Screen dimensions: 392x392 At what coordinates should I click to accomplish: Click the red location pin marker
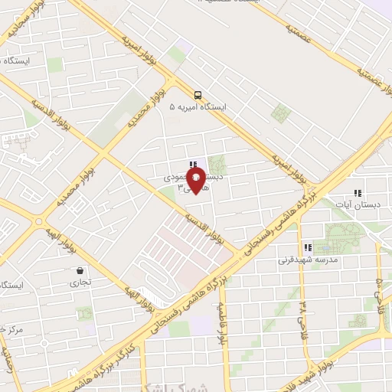click(x=198, y=181)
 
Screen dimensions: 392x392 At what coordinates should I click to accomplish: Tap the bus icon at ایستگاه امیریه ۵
click(x=198, y=95)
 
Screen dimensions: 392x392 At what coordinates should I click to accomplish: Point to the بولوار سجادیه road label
click(x=25, y=23)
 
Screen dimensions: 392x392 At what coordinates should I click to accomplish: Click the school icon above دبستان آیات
click(x=357, y=193)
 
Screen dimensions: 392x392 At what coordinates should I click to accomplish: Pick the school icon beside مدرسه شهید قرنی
click(x=308, y=247)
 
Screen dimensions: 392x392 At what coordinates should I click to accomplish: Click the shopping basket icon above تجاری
click(x=80, y=270)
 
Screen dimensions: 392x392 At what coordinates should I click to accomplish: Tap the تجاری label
click(x=80, y=283)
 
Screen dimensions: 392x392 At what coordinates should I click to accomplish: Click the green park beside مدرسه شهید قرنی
click(x=341, y=237)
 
